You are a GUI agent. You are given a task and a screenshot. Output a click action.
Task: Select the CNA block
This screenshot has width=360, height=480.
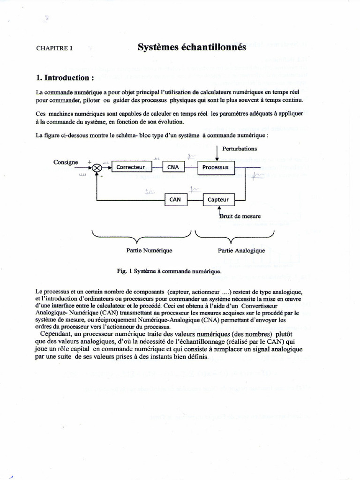tap(173, 167)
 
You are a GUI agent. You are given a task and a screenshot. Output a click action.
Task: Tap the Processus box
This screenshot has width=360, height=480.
tap(215, 167)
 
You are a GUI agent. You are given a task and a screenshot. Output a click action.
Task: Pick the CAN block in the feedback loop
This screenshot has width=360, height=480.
tap(175, 199)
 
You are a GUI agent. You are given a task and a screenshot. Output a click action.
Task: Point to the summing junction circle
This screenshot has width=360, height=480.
tap(97, 167)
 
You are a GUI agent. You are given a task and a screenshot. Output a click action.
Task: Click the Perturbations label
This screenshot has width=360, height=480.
tap(240, 149)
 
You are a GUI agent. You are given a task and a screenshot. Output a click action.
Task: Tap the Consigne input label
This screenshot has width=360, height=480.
tap(66, 162)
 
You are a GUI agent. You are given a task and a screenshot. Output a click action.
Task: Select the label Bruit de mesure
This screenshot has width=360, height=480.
tap(240, 216)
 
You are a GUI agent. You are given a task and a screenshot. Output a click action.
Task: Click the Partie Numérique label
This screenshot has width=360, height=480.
tap(149, 250)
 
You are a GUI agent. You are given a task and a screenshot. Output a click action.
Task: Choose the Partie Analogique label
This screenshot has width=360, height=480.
tap(241, 250)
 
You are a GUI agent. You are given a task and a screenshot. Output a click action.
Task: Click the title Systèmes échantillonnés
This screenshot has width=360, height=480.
tap(192, 47)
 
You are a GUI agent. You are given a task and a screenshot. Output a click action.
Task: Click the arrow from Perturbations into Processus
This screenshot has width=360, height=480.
tap(217, 154)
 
